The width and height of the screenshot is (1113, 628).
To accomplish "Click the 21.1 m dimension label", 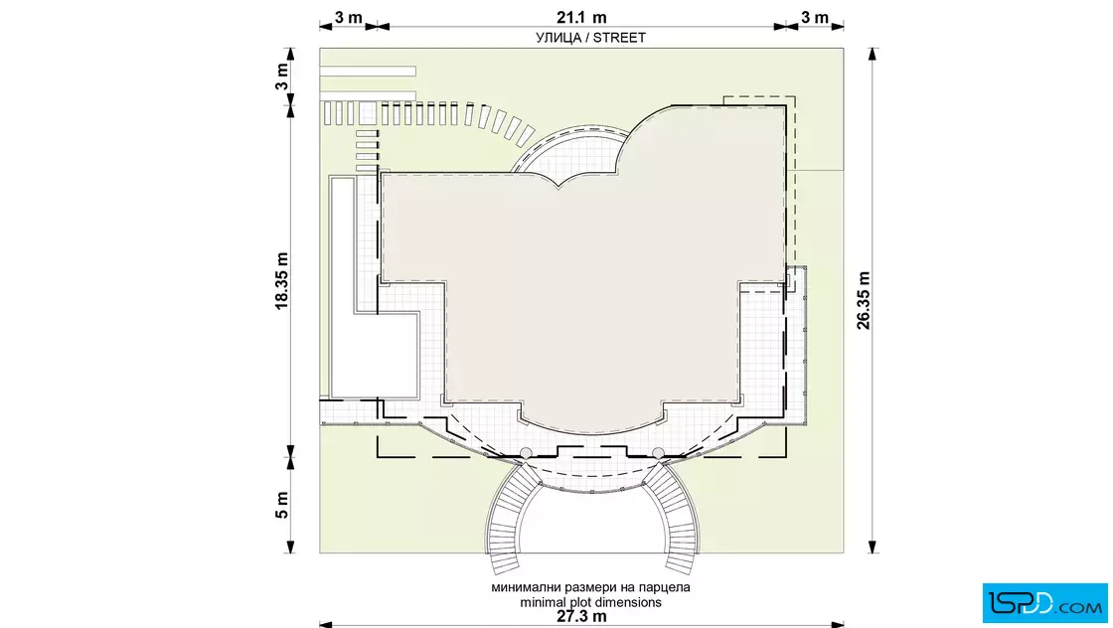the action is pyautogui.click(x=581, y=17).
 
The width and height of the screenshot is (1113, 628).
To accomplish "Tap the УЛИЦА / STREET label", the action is pyautogui.click(x=590, y=38).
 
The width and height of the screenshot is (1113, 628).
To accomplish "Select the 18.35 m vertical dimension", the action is pyautogui.click(x=282, y=281).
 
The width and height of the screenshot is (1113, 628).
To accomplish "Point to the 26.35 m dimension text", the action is pyautogui.click(x=864, y=300).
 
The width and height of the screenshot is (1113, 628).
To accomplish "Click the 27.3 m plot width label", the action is pyautogui.click(x=581, y=616).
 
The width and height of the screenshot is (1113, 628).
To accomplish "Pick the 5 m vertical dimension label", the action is pyautogui.click(x=282, y=505).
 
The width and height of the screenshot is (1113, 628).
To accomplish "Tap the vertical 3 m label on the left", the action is pyautogui.click(x=282, y=77).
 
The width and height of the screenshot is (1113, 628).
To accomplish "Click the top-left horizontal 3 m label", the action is pyautogui.click(x=349, y=17).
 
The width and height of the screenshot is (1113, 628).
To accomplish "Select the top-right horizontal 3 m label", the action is pyautogui.click(x=815, y=17).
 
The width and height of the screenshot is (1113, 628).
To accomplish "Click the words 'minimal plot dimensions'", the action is pyautogui.click(x=590, y=602).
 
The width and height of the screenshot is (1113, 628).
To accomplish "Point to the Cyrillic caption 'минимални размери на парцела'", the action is pyautogui.click(x=590, y=587).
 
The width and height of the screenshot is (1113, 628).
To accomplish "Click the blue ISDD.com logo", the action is pyautogui.click(x=1044, y=603).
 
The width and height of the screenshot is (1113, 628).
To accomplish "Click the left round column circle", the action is pyautogui.click(x=526, y=453).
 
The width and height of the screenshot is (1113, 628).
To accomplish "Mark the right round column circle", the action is pyautogui.click(x=658, y=453).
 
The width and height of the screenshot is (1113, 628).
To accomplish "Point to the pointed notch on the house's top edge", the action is pyautogui.click(x=559, y=188).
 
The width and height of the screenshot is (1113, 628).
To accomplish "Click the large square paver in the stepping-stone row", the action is pyautogui.click(x=367, y=113).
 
